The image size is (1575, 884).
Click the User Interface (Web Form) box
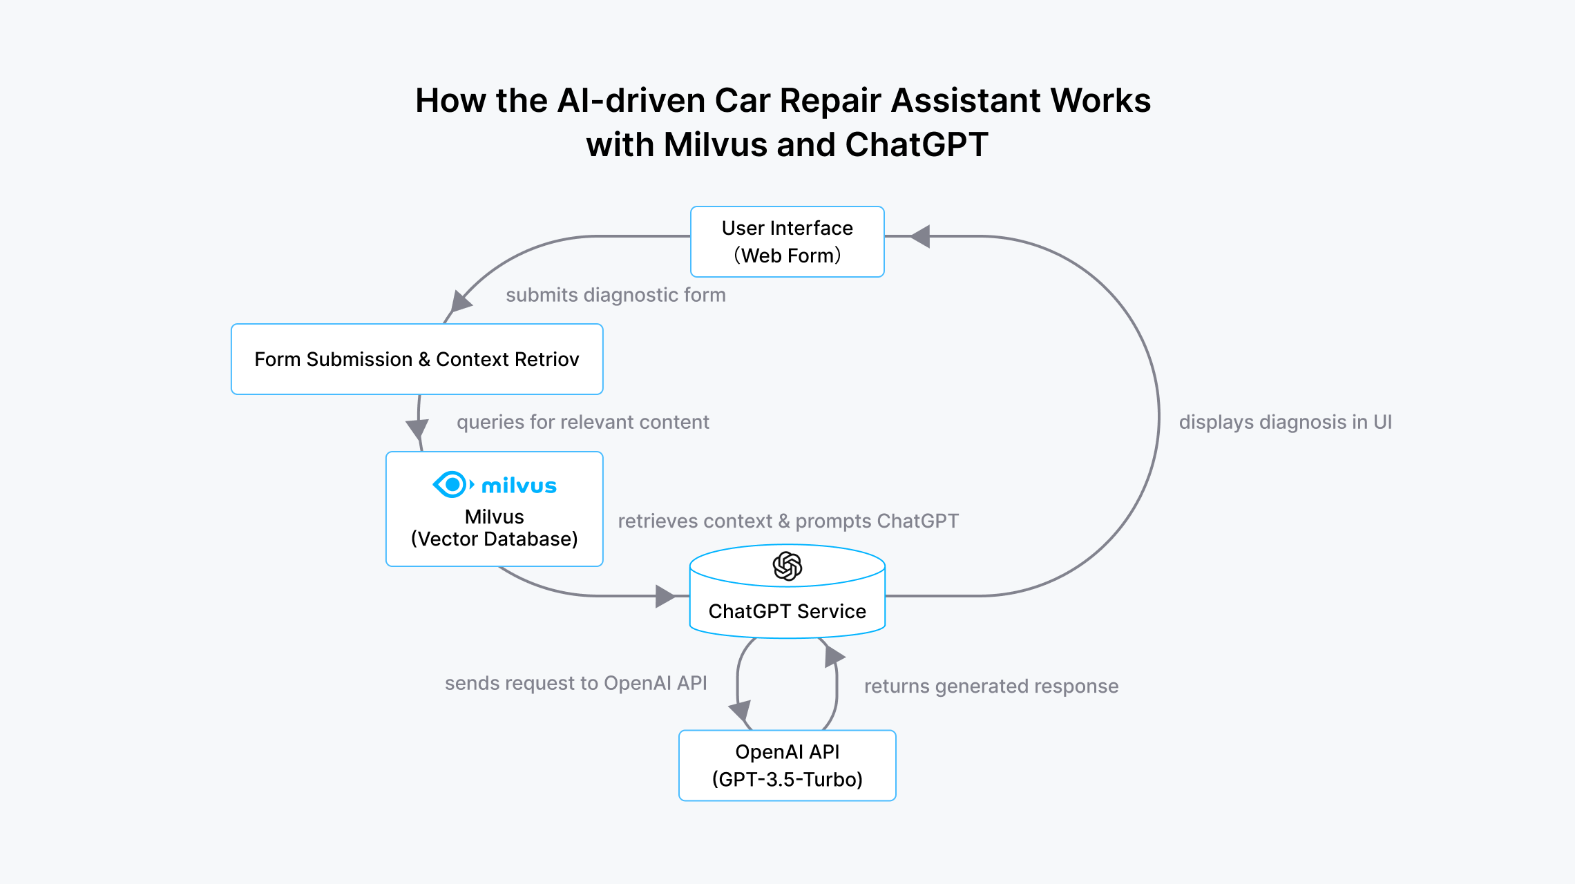coord(787,242)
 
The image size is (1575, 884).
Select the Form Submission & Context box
coord(417,359)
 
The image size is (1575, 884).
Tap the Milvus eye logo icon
coord(452,485)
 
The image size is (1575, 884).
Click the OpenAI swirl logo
coord(787,566)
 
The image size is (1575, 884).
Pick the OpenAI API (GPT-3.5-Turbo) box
coord(787,765)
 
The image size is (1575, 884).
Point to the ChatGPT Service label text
coord(787,611)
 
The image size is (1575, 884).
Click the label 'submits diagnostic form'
coord(615,295)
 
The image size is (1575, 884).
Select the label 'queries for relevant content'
coord(582,422)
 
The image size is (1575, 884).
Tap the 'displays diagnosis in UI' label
coord(1285,422)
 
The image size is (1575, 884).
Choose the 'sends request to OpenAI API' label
coord(575,683)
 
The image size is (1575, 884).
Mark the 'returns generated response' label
coord(991,686)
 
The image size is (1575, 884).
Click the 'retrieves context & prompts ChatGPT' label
coord(787,521)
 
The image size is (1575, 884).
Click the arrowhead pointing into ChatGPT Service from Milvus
coord(665,596)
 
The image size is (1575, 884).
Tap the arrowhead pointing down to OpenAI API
coord(740,711)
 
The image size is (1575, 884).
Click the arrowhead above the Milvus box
coord(417,428)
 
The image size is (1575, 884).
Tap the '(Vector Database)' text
coord(494,539)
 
